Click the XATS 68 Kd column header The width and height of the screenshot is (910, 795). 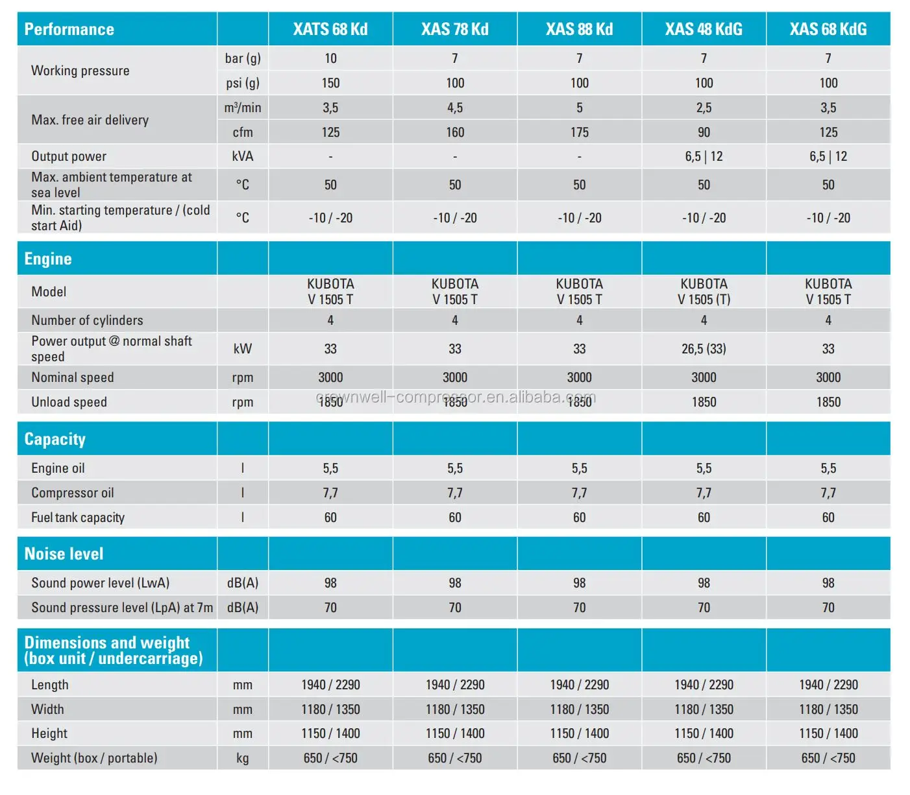330,29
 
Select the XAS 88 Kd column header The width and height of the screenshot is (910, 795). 579,29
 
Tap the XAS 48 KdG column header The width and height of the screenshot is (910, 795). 704,29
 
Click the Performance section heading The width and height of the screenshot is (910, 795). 69,29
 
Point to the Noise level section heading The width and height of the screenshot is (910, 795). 64,554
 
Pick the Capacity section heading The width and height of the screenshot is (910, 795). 55,439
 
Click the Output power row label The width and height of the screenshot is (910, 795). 69,156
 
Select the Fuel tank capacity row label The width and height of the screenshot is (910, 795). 78,517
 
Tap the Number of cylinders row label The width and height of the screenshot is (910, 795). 87,320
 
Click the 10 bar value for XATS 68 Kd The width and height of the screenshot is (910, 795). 330,58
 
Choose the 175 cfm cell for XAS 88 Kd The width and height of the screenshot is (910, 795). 580,132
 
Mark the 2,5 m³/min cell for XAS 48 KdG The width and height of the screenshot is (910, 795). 704,108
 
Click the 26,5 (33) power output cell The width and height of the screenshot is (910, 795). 704,349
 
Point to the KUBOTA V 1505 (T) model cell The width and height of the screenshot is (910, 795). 704,292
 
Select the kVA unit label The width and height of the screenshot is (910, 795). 243,156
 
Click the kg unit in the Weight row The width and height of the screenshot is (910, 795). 243,758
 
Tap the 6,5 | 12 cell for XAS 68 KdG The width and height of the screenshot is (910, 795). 828,156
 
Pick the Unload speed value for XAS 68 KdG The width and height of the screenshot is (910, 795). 828,402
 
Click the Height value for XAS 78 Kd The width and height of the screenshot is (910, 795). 455,733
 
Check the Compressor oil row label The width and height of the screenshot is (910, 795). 73,493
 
